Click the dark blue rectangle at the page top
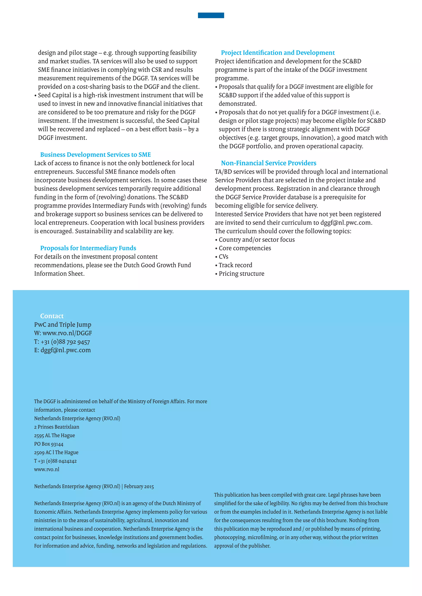211,15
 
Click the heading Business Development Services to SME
95,155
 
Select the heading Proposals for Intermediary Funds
88,248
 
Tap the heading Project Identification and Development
278,53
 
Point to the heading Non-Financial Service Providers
268,163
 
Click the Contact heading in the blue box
52,316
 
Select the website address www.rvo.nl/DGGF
67,333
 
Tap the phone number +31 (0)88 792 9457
65,342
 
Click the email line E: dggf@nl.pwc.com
62,350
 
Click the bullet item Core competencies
245,248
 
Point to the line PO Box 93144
49,444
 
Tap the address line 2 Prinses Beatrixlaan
57,427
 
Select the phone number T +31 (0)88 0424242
55,461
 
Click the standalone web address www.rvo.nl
47,469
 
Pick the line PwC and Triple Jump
63,325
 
